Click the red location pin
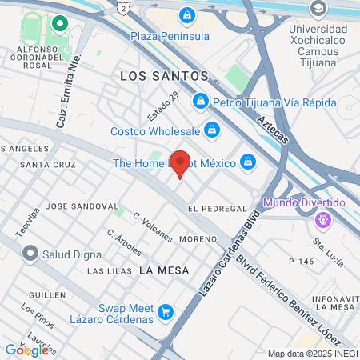pyautogui.click(x=181, y=163)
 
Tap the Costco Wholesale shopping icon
pyautogui.click(x=211, y=129)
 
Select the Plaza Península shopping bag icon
pyautogui.click(x=186, y=14)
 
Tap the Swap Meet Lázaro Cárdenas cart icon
pyautogui.click(x=166, y=312)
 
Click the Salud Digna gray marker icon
pyautogui.click(x=30, y=254)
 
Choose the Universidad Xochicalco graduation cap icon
pyautogui.click(x=318, y=9)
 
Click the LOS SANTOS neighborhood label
pyautogui.click(x=163, y=76)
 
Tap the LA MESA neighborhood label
pyautogui.click(x=164, y=270)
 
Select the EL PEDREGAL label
pyautogui.click(x=217, y=208)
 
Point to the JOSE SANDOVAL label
pyautogui.click(x=82, y=206)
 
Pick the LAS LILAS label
pyautogui.click(x=109, y=271)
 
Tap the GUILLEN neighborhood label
pyautogui.click(x=46, y=295)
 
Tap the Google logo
pyautogui.click(x=26, y=350)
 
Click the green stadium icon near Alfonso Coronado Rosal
pyautogui.click(x=58, y=24)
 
